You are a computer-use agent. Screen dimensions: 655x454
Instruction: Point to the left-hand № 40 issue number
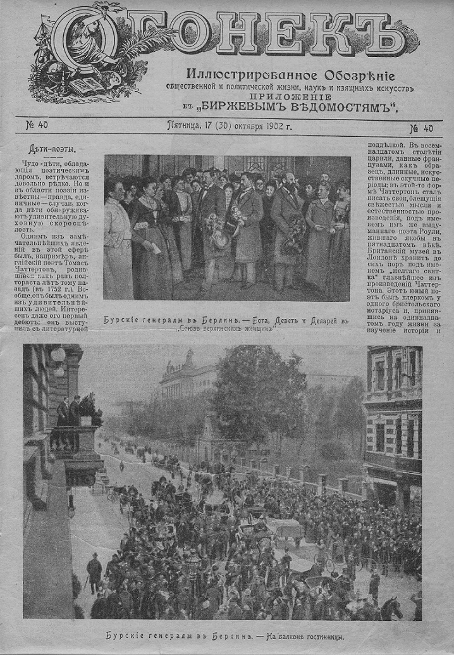click(36, 125)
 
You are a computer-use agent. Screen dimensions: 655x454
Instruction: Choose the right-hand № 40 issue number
click(421, 128)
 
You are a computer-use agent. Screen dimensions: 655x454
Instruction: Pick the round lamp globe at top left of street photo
click(58, 354)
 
